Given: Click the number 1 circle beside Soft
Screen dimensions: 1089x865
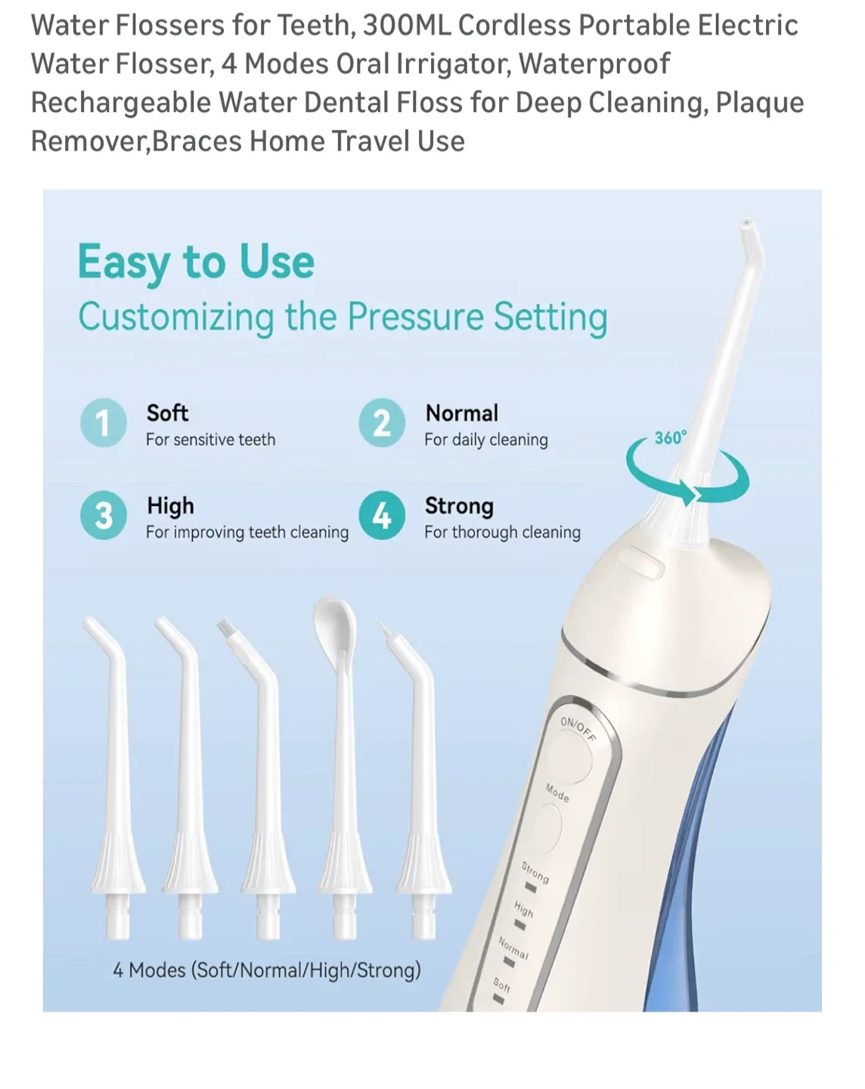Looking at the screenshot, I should [x=103, y=423].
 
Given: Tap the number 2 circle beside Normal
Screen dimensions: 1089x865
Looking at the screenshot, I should [x=382, y=423].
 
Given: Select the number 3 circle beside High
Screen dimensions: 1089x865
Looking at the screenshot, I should [x=103, y=516].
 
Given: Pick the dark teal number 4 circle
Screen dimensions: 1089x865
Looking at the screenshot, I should [x=382, y=516].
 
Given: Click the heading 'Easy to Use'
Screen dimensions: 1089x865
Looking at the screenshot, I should [x=196, y=262].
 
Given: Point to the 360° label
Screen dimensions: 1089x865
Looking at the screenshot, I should [x=670, y=438].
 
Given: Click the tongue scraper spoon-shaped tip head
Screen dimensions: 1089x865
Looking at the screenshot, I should [x=334, y=620].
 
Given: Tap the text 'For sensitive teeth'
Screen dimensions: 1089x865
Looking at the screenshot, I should [x=210, y=439].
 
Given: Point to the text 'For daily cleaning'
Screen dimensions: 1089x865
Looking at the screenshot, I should [x=485, y=439].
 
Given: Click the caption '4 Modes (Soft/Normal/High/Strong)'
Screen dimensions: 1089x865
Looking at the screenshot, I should [x=266, y=970].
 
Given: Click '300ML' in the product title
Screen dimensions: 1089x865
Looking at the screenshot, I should [x=407, y=25].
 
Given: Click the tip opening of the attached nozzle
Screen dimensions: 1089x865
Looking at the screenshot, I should [x=747, y=225].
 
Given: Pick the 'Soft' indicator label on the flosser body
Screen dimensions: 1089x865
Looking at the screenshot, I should [x=502, y=985].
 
